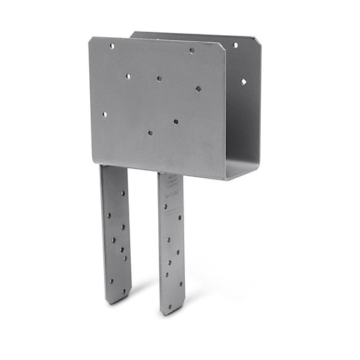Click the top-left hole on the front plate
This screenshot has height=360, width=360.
click(x=112, y=46)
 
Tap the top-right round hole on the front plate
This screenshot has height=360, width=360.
click(x=191, y=51)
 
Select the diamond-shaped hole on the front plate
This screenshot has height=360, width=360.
click(x=198, y=89)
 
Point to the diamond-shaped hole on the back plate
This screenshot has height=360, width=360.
click(x=243, y=82)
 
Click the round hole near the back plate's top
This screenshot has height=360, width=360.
click(x=235, y=45)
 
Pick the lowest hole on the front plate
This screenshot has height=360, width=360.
click(x=150, y=131)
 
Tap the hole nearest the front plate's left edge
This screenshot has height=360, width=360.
click(x=105, y=114)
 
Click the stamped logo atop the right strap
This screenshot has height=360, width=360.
click(x=169, y=184)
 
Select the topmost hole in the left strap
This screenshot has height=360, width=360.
click(x=122, y=193)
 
